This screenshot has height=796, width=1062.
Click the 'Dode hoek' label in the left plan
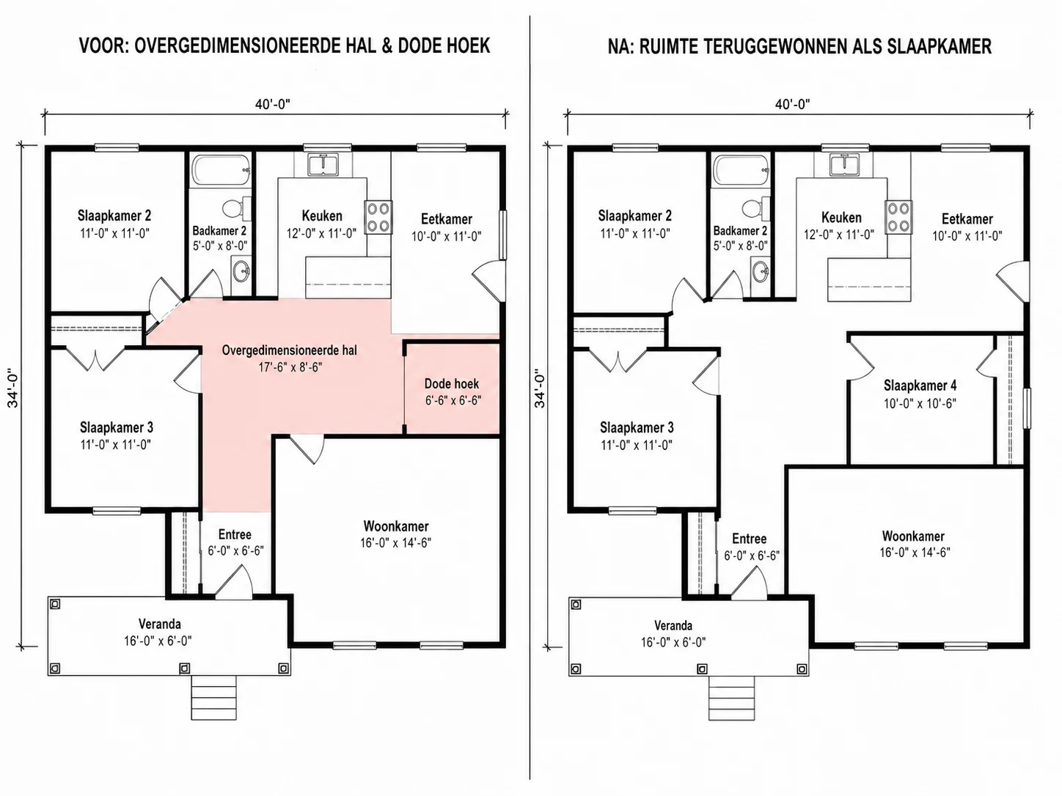point(451,384)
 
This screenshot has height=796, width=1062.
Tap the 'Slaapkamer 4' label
point(920,386)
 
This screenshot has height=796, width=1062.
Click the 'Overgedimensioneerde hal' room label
point(289,350)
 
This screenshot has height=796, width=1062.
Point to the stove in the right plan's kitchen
point(899,218)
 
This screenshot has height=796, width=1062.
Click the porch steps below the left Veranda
point(214,698)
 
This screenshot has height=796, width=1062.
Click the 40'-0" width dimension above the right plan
point(793,104)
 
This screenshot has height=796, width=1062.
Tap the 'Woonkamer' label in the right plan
point(913,536)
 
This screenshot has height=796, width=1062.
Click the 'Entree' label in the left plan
point(235,534)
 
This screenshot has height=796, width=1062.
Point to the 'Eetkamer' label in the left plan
point(446,219)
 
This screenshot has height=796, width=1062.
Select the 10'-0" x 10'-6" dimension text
point(920,404)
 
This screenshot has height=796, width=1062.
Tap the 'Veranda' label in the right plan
point(673,626)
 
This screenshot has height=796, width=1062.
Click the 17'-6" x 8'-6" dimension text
point(290,367)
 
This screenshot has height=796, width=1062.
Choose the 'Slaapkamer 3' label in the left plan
point(116,427)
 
